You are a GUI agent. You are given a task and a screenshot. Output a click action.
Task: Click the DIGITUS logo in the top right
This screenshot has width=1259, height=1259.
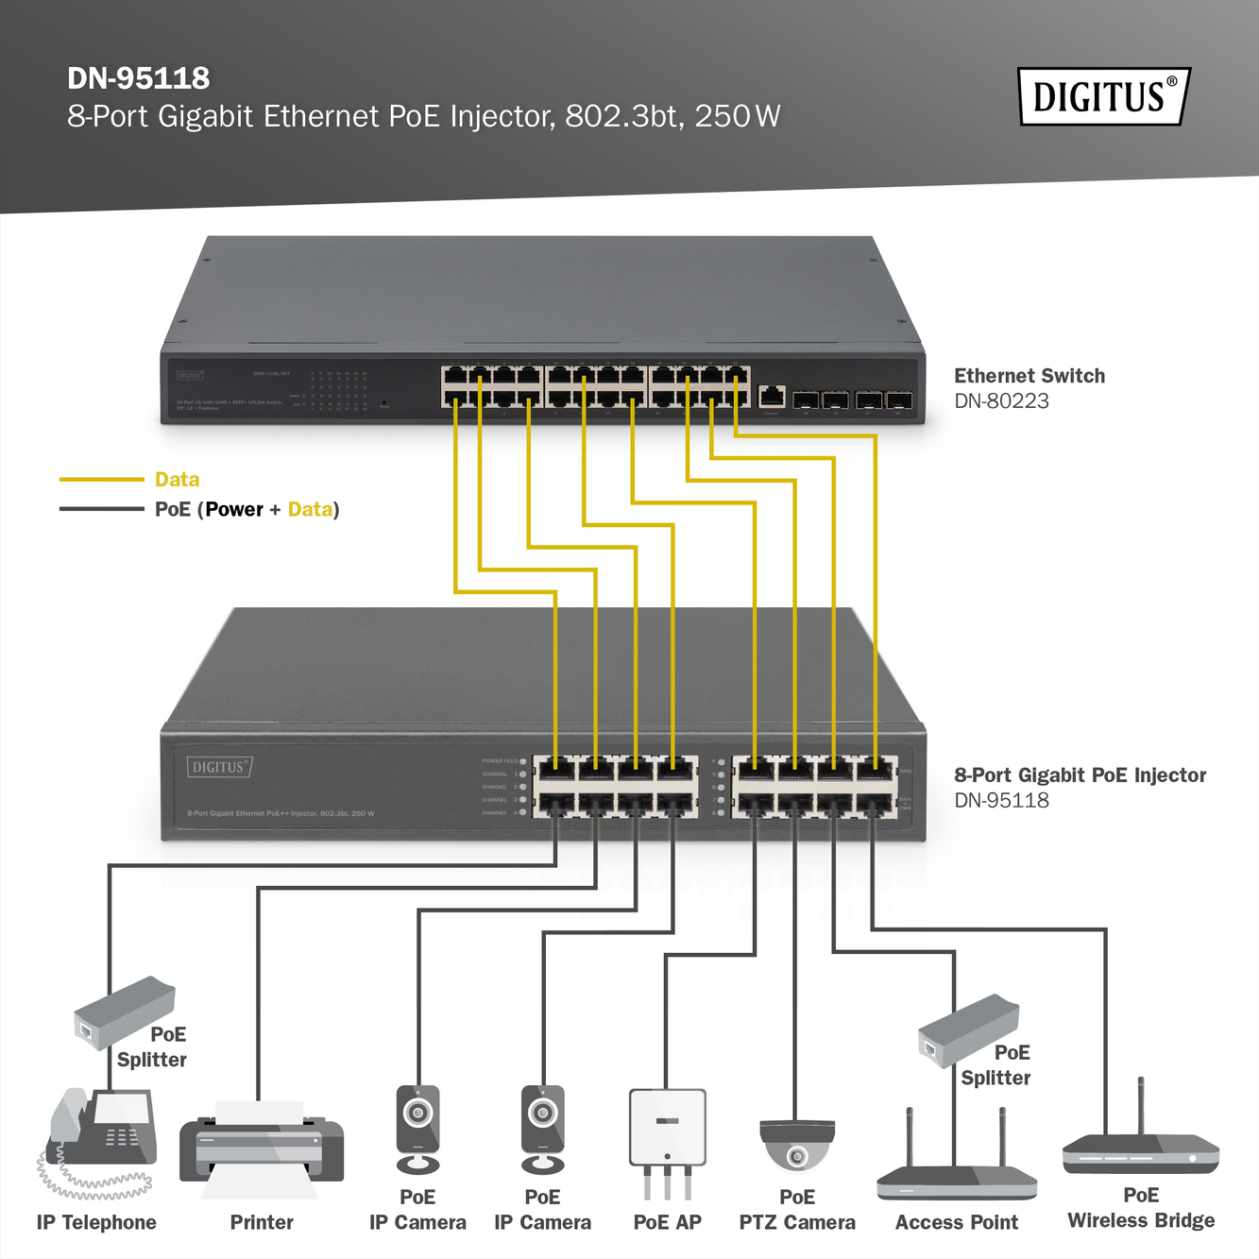click(x=1103, y=96)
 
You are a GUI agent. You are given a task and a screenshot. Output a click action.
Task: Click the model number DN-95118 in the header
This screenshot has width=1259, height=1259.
click(x=139, y=78)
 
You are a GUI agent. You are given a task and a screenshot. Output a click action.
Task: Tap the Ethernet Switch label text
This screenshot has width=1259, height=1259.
click(x=1029, y=376)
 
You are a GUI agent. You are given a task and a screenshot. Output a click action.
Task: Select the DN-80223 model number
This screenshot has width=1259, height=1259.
click(x=1001, y=401)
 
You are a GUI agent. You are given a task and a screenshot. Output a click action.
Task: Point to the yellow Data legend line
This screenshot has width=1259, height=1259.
click(x=101, y=480)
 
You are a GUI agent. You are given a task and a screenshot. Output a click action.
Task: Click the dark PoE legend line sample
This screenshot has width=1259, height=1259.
click(x=101, y=509)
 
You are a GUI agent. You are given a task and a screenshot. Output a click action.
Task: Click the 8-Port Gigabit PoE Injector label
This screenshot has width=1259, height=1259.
click(x=1080, y=775)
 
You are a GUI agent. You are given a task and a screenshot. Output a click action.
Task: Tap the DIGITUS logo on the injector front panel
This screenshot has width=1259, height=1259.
click(x=219, y=767)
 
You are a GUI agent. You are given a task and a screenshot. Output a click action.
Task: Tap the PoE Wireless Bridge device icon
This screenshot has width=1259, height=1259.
click(x=1140, y=1151)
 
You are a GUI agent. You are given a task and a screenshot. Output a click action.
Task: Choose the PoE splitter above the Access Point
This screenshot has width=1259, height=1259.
click(x=967, y=1029)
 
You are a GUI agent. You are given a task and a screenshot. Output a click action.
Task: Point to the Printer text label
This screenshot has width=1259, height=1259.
click(x=262, y=1222)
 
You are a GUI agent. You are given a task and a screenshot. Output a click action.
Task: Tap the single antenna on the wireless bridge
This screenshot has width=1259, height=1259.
click(x=1141, y=1105)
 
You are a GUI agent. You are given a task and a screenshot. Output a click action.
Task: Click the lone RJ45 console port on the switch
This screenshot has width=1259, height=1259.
click(x=772, y=397)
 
